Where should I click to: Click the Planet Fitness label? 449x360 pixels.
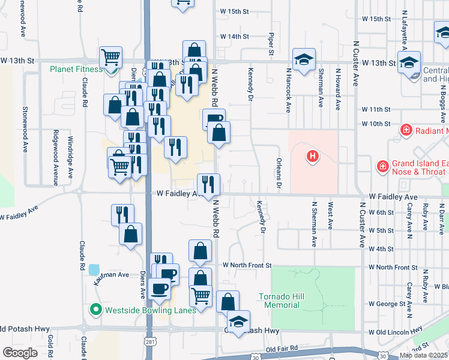pyautogui.click(x=77, y=69)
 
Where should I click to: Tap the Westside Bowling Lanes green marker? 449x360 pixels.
pyautogui.click(x=95, y=310)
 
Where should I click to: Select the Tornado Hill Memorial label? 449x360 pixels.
pyautogui.click(x=279, y=301)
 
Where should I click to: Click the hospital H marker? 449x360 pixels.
pyautogui.click(x=312, y=157)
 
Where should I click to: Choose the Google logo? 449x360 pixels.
pyautogui.click(x=20, y=353)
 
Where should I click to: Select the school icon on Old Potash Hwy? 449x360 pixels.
pyautogui.click(x=238, y=322)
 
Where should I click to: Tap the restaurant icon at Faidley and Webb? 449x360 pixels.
pyautogui.click(x=208, y=184)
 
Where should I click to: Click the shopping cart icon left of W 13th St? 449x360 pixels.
pyautogui.click(x=111, y=58)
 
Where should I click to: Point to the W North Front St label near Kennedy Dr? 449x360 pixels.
pyautogui.click(x=247, y=265)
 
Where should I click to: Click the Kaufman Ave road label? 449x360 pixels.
pyautogui.click(x=111, y=275)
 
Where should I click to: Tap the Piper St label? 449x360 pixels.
pyautogui.click(x=272, y=46)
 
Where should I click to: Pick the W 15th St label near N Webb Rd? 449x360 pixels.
pyautogui.click(x=234, y=11)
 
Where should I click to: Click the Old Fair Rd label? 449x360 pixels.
pyautogui.click(x=282, y=348)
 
